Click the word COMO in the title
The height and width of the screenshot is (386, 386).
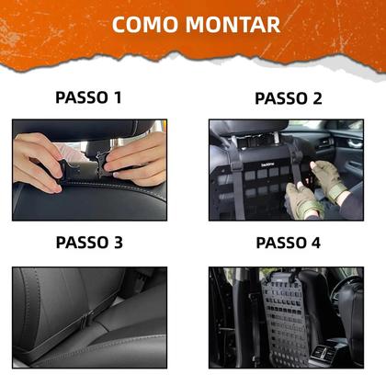pos(146,24)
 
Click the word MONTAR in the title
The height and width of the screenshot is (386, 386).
pos(233,24)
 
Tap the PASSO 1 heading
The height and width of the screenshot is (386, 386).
pos(88,97)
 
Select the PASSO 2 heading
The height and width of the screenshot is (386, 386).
pos(288,98)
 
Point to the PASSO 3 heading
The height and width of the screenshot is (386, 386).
pos(88,244)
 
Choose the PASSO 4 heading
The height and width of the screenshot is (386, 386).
pos(288,244)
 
